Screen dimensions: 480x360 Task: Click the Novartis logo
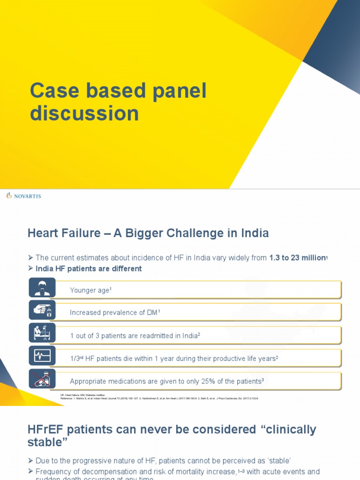[23, 196]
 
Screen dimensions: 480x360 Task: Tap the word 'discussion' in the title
[84, 113]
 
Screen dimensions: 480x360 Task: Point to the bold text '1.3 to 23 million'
[297, 258]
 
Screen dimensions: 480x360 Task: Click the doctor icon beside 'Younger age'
[42, 287]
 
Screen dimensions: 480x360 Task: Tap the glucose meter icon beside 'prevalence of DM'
[42, 310]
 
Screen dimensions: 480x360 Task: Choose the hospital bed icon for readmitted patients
[42, 332]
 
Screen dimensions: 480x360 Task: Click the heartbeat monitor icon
[42, 355]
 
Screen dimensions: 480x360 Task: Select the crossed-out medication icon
[42, 378]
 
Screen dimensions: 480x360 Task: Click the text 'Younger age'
[89, 291]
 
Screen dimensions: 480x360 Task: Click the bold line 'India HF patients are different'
[89, 269]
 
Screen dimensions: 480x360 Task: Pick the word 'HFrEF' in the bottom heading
[46, 429]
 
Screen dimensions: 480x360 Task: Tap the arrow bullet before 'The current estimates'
[31, 258]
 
